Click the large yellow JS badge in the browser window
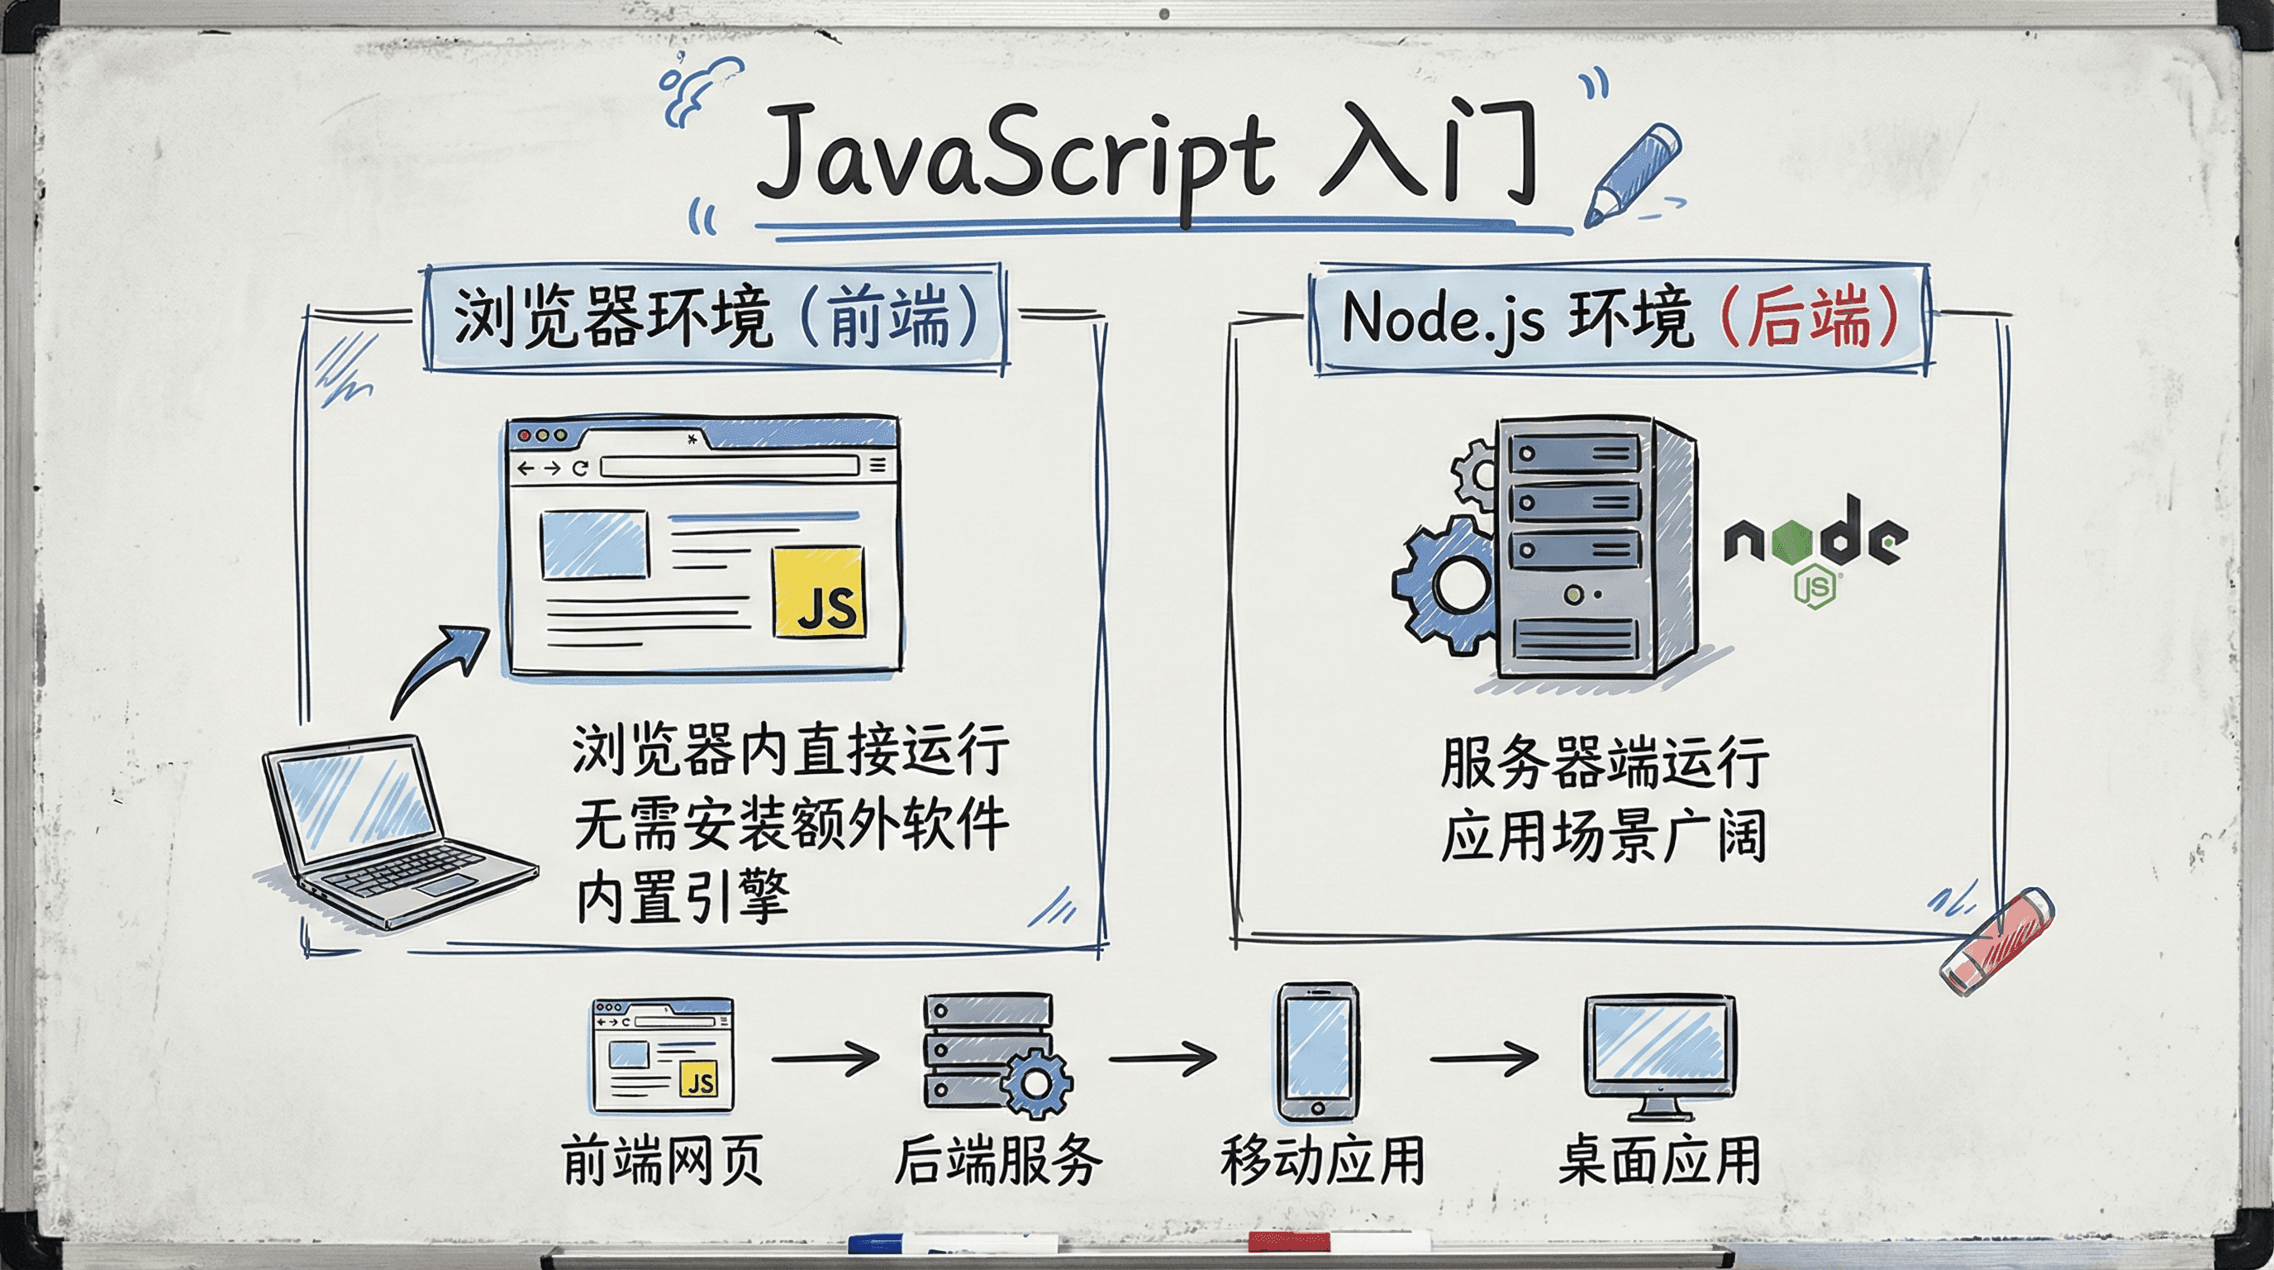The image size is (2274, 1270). click(x=818, y=591)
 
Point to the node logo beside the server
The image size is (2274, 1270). click(x=1815, y=547)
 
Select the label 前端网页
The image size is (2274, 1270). click(x=662, y=1161)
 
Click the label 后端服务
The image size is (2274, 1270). click(x=998, y=1161)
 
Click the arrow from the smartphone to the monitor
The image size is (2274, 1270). click(x=1484, y=1058)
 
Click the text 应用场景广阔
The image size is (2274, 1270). click(x=1603, y=834)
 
